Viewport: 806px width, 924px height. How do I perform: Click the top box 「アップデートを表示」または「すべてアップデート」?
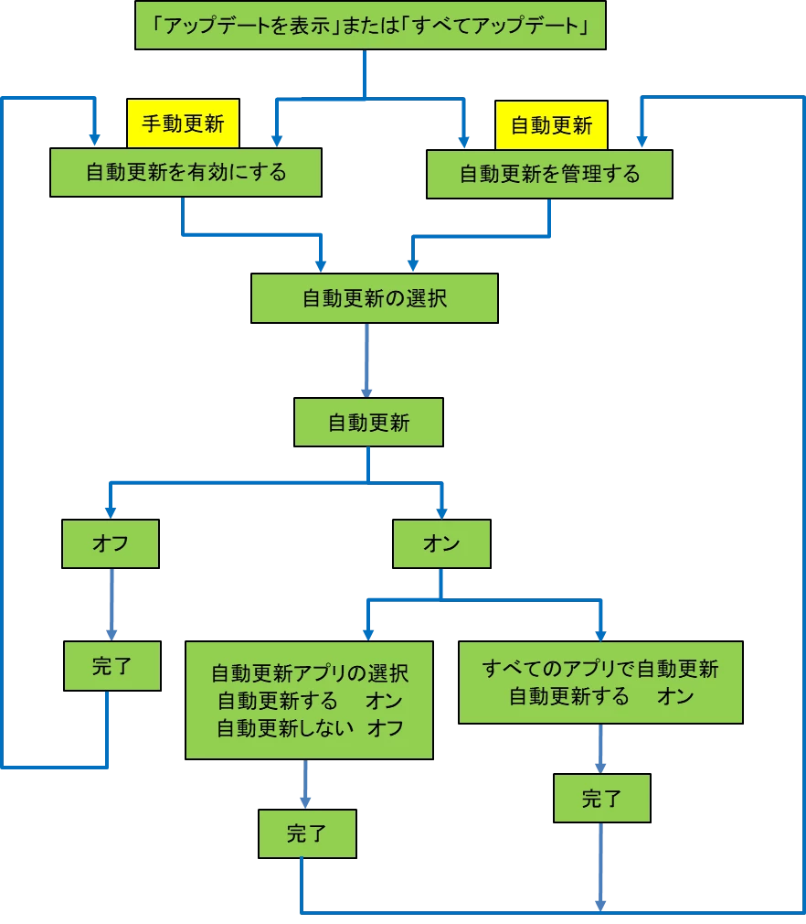tap(370, 25)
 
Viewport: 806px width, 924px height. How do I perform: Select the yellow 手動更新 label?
tap(183, 124)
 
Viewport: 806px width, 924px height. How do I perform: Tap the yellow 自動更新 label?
tap(551, 124)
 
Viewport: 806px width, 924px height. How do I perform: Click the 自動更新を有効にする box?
tap(186, 172)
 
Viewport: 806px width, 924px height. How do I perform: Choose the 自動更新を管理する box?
tap(549, 173)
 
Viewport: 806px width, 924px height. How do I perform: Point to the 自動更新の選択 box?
tap(375, 298)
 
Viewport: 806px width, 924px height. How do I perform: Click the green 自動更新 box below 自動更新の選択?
tap(369, 423)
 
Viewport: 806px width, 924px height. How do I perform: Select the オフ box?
tap(111, 544)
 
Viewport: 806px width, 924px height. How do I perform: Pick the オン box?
tap(441, 544)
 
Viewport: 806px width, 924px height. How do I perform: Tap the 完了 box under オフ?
tap(112, 666)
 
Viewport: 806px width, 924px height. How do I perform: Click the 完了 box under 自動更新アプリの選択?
tap(306, 833)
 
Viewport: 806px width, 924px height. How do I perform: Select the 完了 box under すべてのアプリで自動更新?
tap(601, 799)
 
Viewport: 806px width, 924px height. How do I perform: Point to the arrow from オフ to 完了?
tap(112, 605)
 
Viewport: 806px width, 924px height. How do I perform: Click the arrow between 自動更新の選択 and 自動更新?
tap(367, 360)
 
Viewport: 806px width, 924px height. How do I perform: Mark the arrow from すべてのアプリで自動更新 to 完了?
tap(600, 748)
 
